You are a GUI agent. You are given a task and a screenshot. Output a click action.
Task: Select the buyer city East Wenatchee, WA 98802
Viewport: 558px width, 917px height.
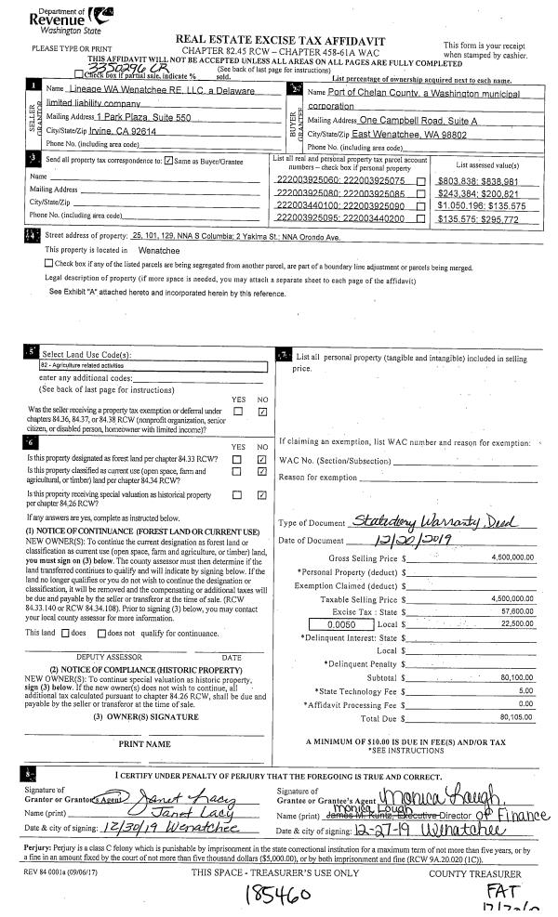click(x=407, y=135)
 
